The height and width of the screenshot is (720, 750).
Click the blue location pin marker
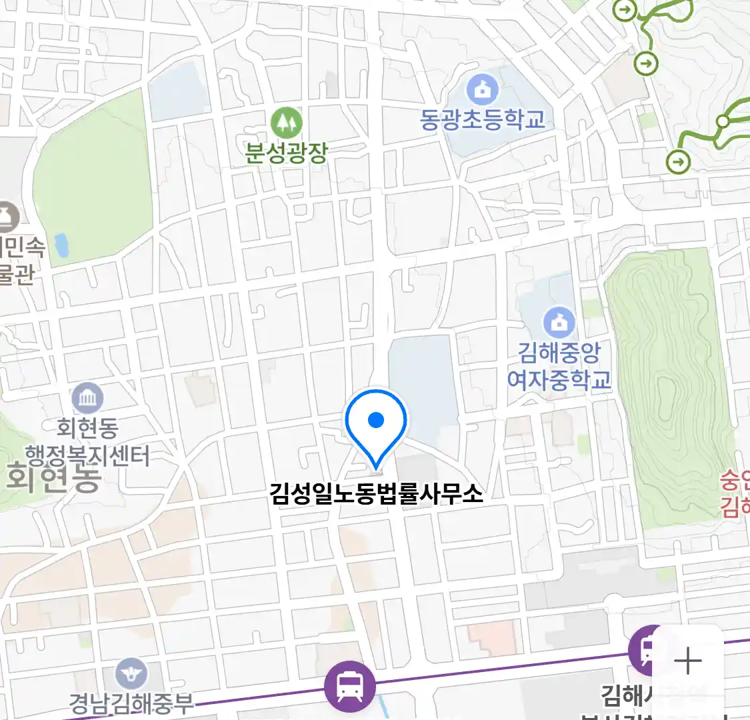pos(376,421)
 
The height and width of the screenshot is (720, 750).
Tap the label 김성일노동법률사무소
pos(376,493)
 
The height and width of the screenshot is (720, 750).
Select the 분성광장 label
pos(286,153)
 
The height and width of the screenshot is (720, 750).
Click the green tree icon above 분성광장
pos(286,123)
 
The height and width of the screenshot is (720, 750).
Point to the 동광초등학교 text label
pos(483,119)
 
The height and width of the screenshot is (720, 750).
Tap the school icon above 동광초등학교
pos(483,89)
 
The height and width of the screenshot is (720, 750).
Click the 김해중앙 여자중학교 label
pos(559,365)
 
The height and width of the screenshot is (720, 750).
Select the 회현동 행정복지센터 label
pos(87,441)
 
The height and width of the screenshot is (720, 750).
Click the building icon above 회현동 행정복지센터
pos(87,399)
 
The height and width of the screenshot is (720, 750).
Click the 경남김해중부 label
pos(131,703)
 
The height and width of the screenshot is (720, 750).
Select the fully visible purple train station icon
pos(349,686)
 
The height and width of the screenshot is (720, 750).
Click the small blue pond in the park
pos(61,245)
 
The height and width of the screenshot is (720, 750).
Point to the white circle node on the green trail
pos(723,122)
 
